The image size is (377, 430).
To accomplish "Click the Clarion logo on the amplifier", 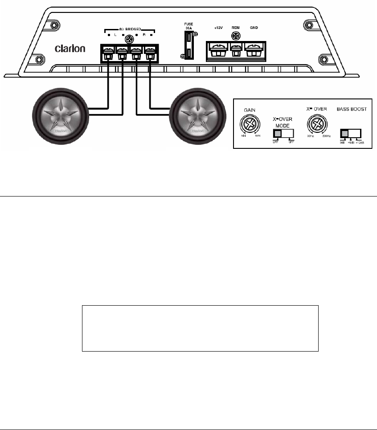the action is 70,48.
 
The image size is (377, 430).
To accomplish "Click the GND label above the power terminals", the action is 254,28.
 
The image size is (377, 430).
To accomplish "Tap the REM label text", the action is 236,28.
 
